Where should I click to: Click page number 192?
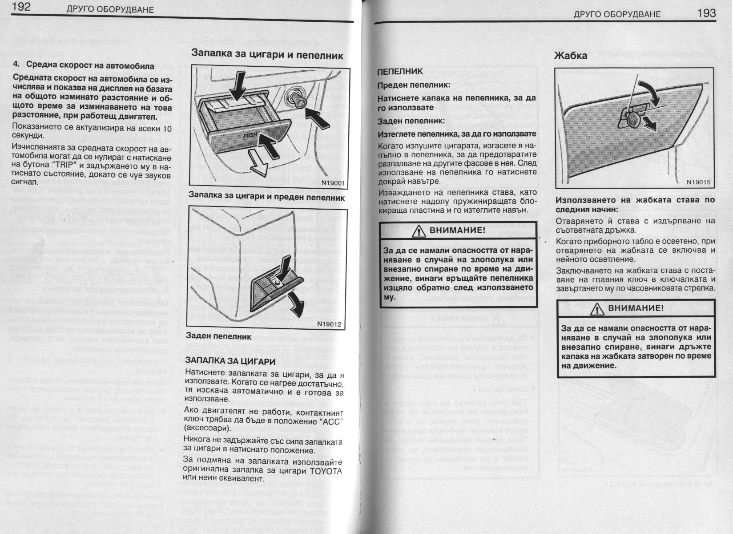pyautogui.click(x=21, y=7)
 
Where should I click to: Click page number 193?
pyautogui.click(x=706, y=13)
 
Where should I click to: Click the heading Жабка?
pyautogui.click(x=570, y=56)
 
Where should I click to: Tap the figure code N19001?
pyautogui.click(x=333, y=182)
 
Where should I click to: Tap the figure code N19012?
pyautogui.click(x=329, y=324)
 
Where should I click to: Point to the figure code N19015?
pyautogui.click(x=698, y=182)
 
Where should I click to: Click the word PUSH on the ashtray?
pyautogui.click(x=250, y=135)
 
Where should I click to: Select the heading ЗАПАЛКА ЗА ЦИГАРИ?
pyautogui.click(x=230, y=361)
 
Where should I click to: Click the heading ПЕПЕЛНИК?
pyautogui.click(x=400, y=72)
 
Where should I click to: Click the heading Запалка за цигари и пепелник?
pyautogui.click(x=267, y=55)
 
